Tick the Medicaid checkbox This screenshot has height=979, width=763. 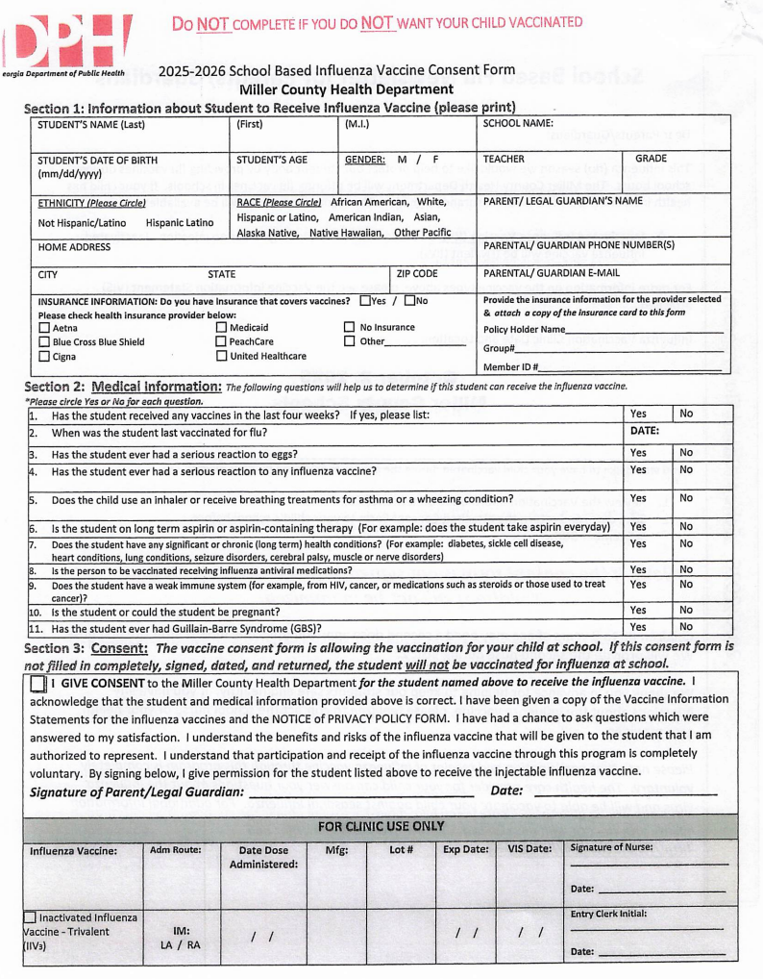coord(221,328)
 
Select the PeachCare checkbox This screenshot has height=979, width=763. coord(221,341)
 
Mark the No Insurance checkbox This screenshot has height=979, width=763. coord(350,328)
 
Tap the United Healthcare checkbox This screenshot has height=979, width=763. coord(221,357)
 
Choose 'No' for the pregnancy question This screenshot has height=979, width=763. coord(686,610)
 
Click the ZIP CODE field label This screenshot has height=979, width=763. coord(417,274)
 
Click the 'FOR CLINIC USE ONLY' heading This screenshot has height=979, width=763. coord(381,826)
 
